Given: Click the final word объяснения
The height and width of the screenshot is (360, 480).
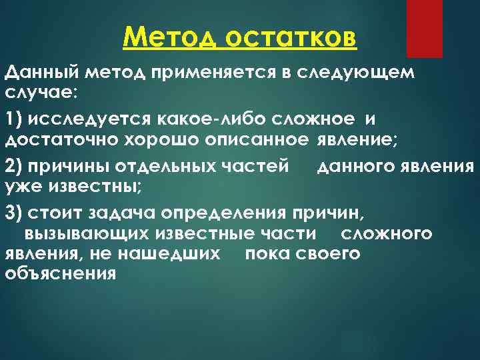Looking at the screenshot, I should click(x=60, y=273).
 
